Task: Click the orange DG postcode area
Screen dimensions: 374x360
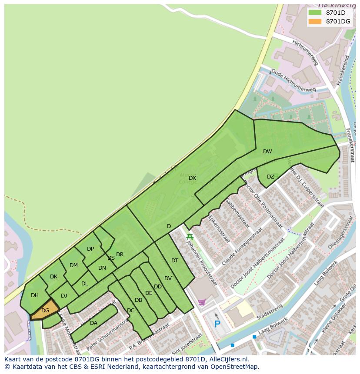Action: click(45, 310)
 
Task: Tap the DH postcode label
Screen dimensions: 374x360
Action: click(35, 295)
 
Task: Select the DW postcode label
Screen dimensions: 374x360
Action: click(267, 152)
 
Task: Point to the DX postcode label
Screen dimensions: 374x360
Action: click(192, 178)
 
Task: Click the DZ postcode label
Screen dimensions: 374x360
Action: click(270, 177)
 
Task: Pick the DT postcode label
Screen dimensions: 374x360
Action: click(175, 261)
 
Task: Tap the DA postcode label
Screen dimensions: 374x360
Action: click(93, 323)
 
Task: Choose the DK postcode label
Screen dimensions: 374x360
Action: click(53, 277)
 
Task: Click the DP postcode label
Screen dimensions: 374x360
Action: click(90, 249)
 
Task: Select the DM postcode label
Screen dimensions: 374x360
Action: click(73, 265)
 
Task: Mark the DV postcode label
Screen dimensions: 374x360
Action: click(168, 278)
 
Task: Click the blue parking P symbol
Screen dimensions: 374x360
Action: click(217, 324)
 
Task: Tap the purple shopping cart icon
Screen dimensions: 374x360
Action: click(202, 302)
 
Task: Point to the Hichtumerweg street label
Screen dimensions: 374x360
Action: click(305, 53)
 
